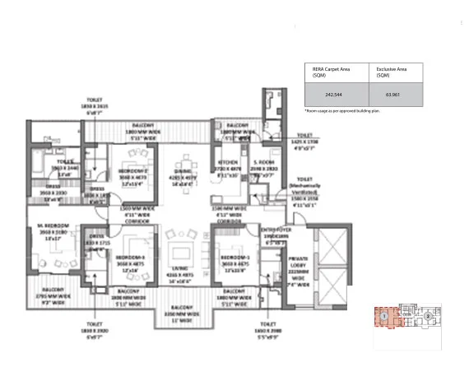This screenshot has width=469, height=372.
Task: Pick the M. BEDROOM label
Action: (x=51, y=235)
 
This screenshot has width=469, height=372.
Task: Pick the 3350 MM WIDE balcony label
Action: (x=179, y=316)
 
